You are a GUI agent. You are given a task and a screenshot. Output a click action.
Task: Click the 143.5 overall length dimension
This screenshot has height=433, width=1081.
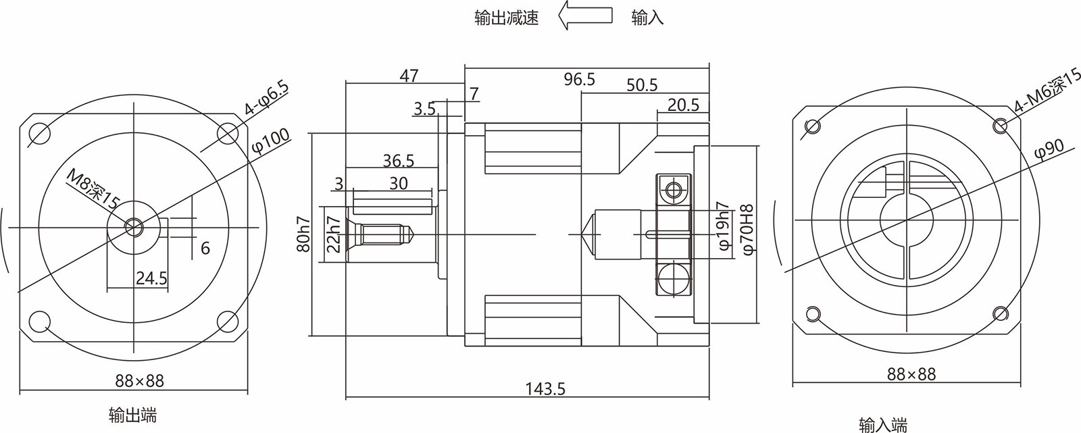coord(545,388)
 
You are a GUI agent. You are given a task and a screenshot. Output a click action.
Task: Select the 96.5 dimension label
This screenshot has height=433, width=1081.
coord(580,80)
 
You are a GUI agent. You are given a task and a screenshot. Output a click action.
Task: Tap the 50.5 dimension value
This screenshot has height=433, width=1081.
coord(642,85)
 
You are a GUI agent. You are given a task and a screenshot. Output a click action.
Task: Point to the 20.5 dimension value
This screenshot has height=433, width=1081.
coord(683,105)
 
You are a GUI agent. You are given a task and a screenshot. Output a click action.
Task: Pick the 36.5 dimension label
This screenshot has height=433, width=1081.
coord(399,160)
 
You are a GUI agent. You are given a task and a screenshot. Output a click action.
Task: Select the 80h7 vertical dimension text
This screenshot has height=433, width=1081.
coord(303,234)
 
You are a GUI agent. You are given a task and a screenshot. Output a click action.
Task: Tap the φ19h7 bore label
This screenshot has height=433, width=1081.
coord(722,225)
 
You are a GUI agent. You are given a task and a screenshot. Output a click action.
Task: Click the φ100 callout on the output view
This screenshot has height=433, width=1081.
coord(270,144)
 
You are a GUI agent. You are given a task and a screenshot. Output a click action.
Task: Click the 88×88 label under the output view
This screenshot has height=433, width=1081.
coord(138,381)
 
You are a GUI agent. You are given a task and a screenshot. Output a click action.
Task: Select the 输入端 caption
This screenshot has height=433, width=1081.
coord(883,424)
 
